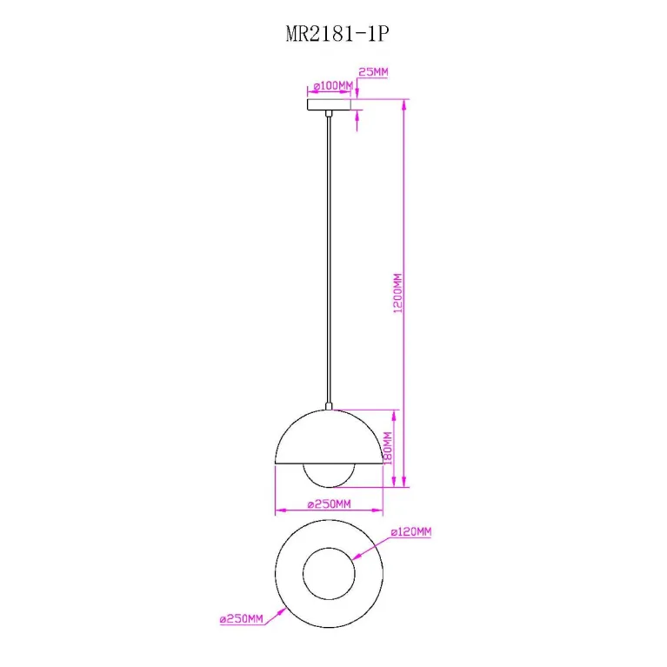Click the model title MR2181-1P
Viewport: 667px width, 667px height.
337,34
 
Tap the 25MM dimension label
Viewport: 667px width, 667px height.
373,72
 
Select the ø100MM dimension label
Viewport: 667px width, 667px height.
333,86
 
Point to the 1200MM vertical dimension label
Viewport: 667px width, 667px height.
397,293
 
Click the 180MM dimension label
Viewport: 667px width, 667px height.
388,448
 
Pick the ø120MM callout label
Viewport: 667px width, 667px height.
411,531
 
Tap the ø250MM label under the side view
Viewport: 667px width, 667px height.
329,504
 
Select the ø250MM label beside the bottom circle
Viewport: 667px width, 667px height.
241,618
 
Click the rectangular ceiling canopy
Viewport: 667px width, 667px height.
329,104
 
